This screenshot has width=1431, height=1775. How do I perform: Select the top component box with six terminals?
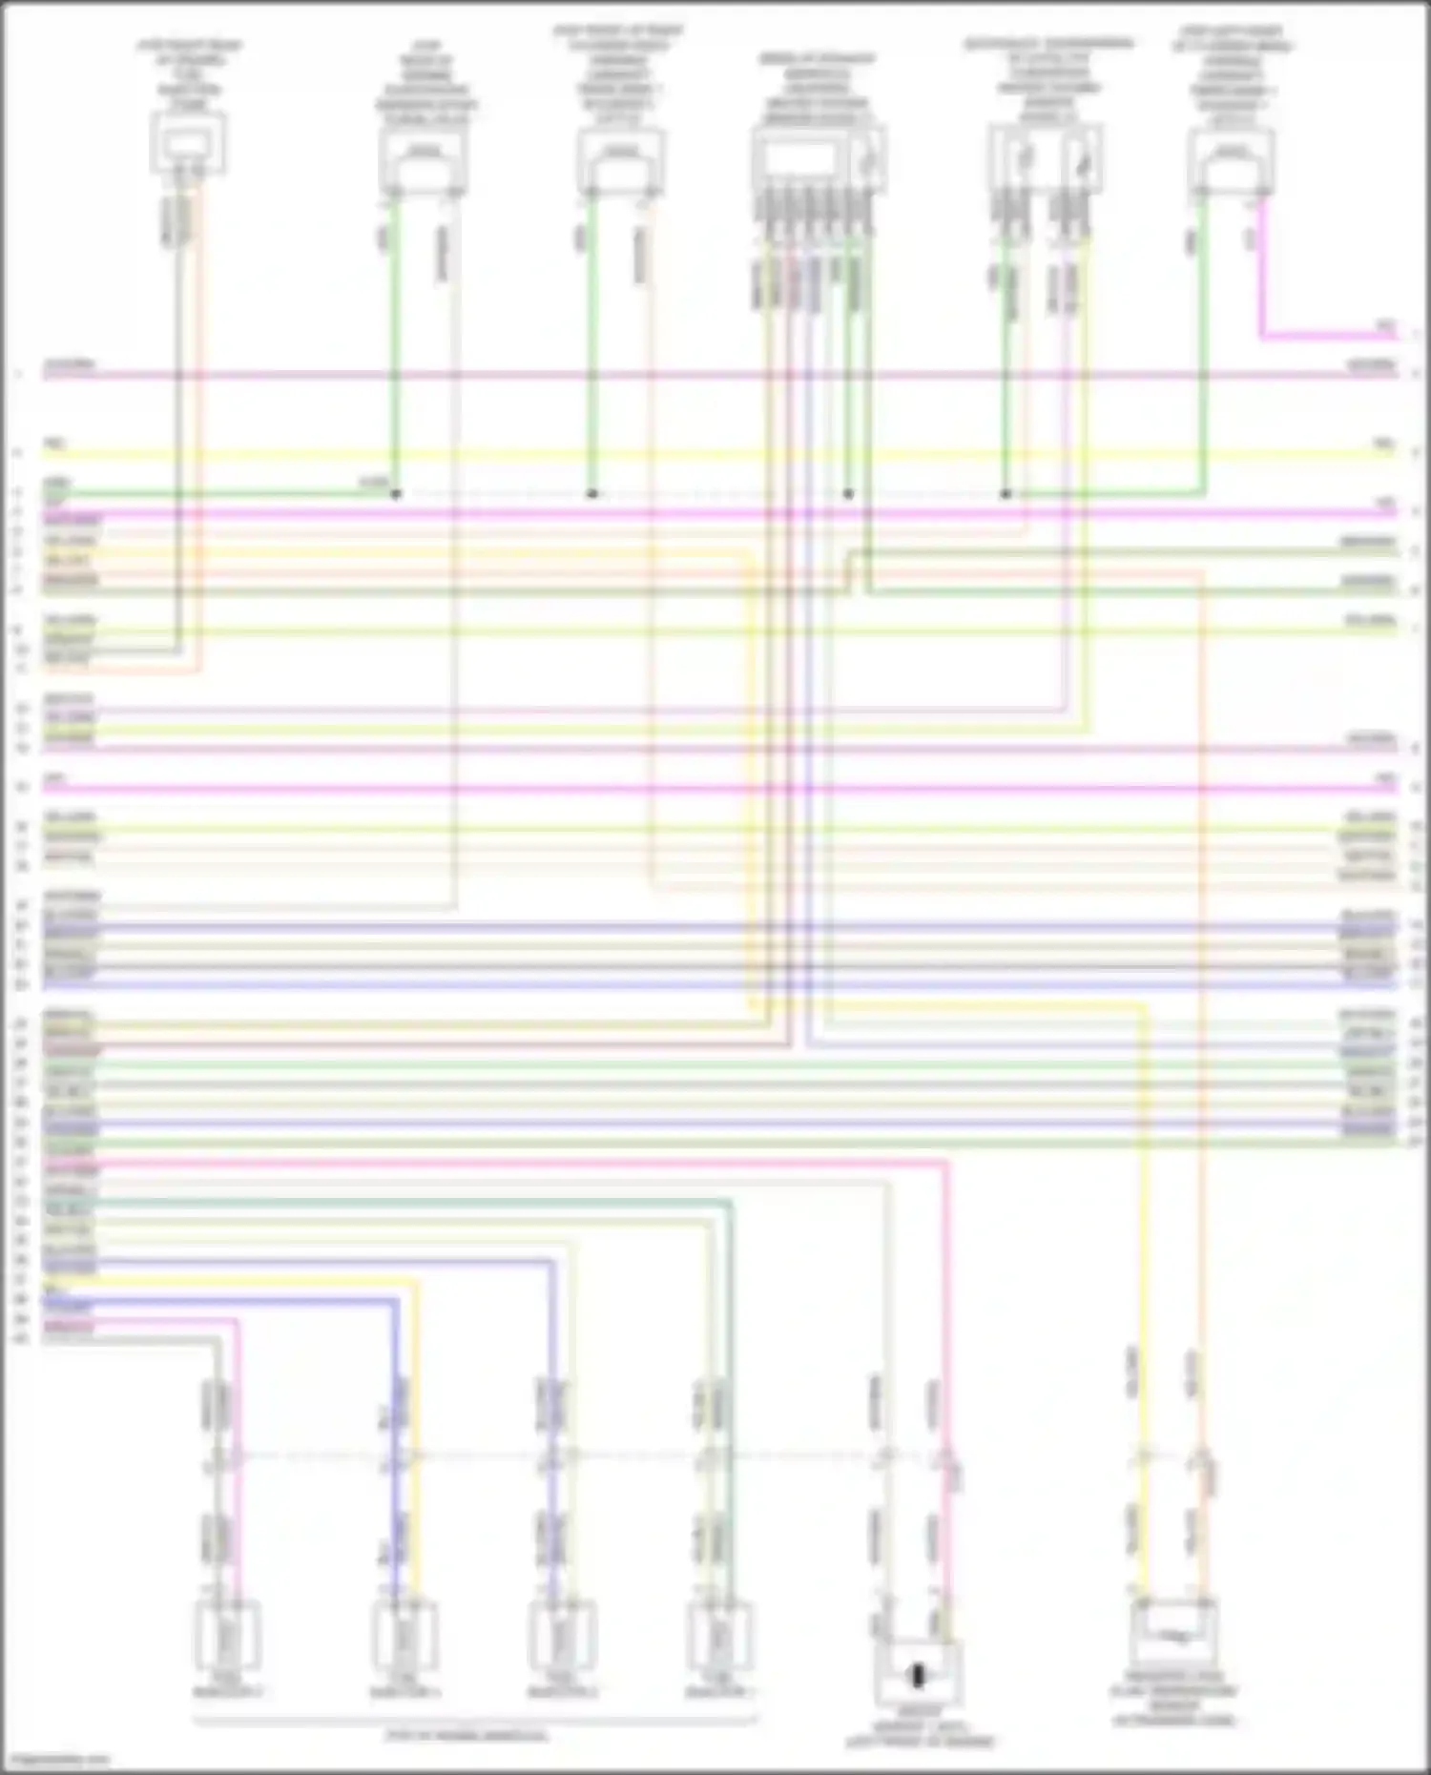[819, 160]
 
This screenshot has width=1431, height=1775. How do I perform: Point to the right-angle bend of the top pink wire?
[1262, 336]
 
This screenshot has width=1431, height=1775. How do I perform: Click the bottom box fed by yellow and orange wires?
[1174, 1635]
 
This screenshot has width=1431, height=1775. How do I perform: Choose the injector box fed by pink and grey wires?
[228, 1637]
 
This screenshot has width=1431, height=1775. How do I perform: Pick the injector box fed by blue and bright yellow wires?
[404, 1637]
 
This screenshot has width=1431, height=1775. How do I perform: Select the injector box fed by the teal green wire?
[718, 1637]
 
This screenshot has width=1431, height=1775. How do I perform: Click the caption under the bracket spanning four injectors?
[467, 1736]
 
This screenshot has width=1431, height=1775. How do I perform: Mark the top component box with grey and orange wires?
[189, 143]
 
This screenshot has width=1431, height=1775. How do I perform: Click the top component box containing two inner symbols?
[1047, 158]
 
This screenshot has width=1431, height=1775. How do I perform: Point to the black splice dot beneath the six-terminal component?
[848, 494]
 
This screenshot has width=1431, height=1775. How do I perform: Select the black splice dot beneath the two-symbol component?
[1005, 494]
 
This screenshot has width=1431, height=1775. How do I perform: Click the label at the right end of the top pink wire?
[1384, 327]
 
